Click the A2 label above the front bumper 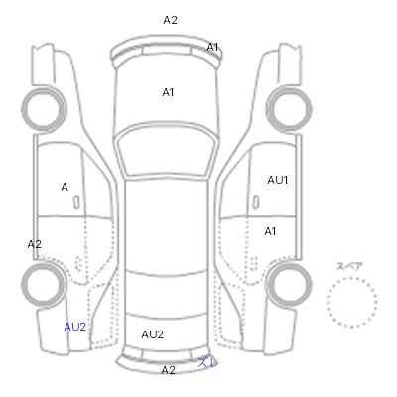(x=171, y=20)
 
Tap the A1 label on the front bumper (x=212, y=48)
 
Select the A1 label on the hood (x=168, y=92)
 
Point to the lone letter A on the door (x=65, y=187)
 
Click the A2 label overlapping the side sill (x=35, y=244)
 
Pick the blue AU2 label (x=75, y=327)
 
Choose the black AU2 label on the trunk (x=153, y=334)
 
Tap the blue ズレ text (x=208, y=363)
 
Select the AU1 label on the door (x=278, y=180)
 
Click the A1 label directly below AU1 (x=270, y=231)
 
